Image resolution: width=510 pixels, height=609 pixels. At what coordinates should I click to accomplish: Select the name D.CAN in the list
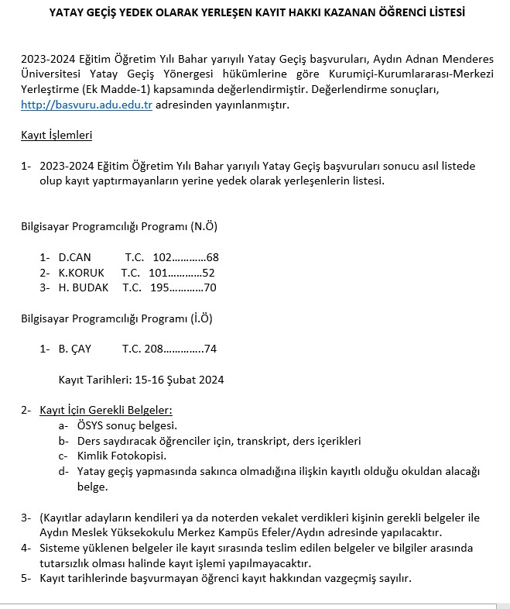(x=75, y=257)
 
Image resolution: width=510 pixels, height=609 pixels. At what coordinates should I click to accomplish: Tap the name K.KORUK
(x=81, y=272)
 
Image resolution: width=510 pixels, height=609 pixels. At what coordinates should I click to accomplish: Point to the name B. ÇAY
(x=75, y=349)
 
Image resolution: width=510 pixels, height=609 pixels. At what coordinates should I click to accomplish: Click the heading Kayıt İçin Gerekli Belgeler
(x=106, y=410)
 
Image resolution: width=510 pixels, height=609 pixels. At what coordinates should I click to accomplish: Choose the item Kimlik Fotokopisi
(x=122, y=456)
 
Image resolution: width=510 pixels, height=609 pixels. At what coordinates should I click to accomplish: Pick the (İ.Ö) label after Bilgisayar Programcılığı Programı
(x=201, y=318)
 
